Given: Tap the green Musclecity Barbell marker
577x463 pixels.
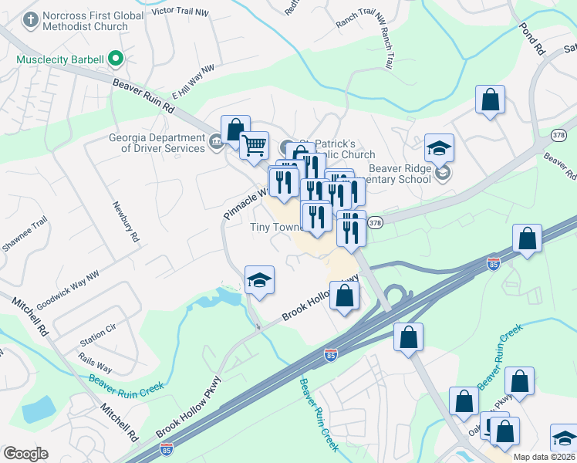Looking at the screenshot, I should pos(116,59).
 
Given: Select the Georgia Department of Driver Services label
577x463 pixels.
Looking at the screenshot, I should pos(157,144).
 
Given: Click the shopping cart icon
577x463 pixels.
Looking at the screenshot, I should pos(254,144).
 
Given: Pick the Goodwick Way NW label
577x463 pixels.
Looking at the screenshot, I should pos(68,289).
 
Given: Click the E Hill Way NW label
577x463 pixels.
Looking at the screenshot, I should pos(192,82).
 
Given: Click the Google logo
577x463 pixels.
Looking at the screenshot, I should pos(25,454).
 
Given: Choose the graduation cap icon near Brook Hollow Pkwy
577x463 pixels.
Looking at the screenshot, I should pos(260,281).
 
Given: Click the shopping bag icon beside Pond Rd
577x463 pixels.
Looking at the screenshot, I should pos(490,100).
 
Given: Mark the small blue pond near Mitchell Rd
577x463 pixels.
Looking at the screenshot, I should pos(37,409).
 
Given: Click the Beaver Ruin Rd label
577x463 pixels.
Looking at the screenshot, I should pos(143,98).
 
